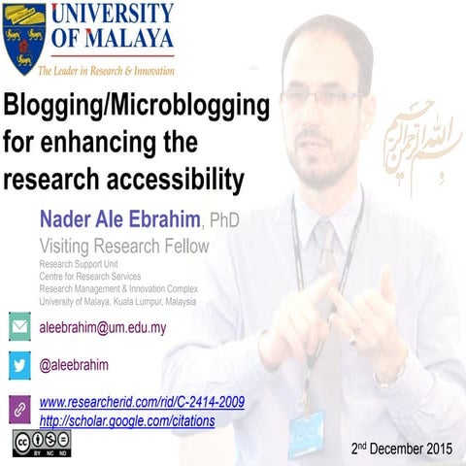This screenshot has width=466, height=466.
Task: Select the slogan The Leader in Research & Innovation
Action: [x=106, y=71]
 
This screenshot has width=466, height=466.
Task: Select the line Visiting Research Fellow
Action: [x=122, y=246]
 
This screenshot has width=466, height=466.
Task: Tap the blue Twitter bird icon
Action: [x=19, y=365]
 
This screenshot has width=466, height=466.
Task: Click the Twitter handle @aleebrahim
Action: [x=74, y=365]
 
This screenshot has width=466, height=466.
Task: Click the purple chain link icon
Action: [x=19, y=408]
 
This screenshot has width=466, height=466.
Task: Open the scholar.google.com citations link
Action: [x=127, y=421]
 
